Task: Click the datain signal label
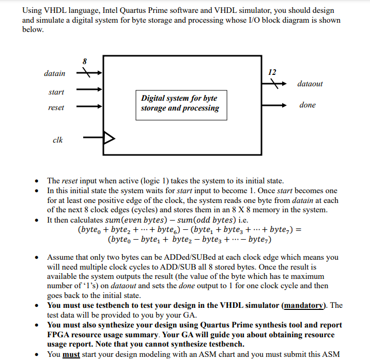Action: coord(54,74)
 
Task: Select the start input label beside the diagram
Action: coord(56,92)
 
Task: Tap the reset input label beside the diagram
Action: coord(56,107)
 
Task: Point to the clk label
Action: coord(58,139)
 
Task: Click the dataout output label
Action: coord(310,84)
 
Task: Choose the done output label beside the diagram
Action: coord(307,105)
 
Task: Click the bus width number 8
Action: coord(85,61)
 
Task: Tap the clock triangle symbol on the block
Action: coord(109,138)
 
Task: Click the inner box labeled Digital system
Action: coord(179,103)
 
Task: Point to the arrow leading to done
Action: coord(274,105)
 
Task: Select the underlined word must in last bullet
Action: coord(71,355)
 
